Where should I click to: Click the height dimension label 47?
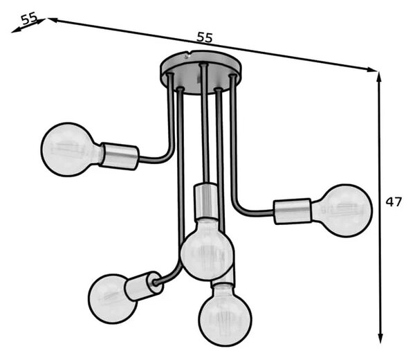394,202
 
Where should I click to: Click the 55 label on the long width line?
205,37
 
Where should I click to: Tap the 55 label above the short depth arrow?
29,19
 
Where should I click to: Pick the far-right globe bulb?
342,210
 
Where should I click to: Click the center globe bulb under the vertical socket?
207,249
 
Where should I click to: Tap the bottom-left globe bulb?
112,299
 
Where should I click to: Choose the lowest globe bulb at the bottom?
225,316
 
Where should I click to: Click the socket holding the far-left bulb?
120,156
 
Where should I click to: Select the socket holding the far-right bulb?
293,211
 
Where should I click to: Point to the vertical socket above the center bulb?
206,201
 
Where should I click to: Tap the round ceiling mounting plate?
201,72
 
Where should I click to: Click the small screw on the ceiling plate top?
187,56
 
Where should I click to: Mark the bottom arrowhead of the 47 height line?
380,339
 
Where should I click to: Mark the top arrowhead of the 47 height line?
379,77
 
